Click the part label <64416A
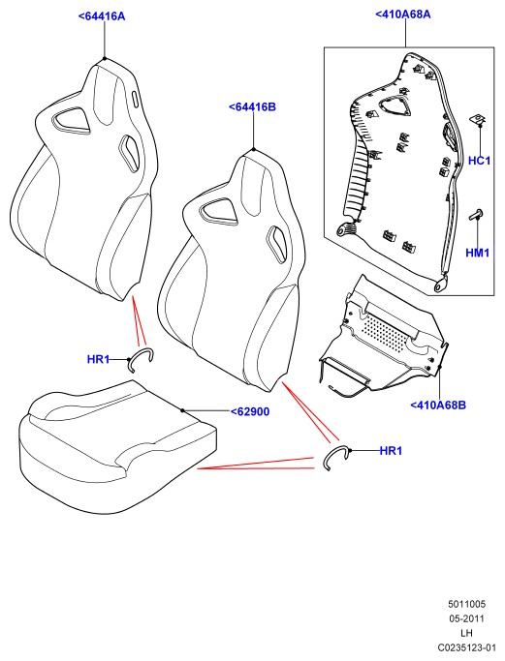click(x=102, y=16)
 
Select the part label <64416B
click(x=252, y=107)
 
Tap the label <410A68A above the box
click(x=403, y=14)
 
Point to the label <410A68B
click(x=438, y=406)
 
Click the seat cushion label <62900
click(x=250, y=411)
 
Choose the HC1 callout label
click(x=480, y=161)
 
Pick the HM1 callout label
click(x=478, y=253)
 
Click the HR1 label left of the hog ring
click(x=98, y=359)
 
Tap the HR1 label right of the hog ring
click(x=391, y=451)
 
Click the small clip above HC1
click(x=478, y=119)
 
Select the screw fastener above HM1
click(x=476, y=215)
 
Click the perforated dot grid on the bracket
click(x=386, y=332)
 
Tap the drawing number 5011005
click(x=467, y=604)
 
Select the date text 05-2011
click(x=466, y=618)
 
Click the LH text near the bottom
click(x=466, y=633)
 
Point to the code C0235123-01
click(x=466, y=647)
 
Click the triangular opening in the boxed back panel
click(x=395, y=105)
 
